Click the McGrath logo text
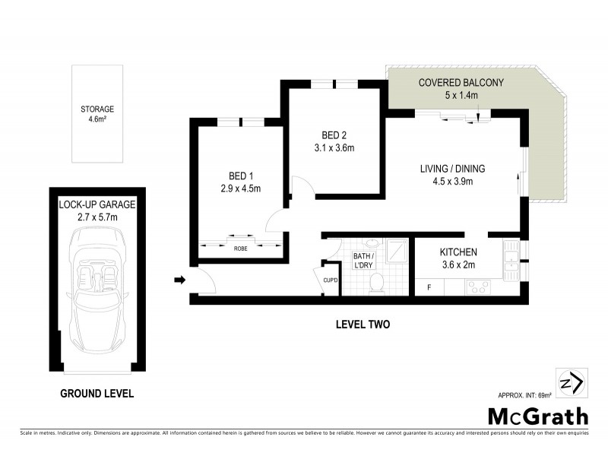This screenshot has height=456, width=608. point(537,416)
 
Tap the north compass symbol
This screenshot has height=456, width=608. point(571,382)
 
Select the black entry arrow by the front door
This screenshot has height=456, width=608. point(179,280)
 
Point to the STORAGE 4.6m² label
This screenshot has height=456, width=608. point(97,113)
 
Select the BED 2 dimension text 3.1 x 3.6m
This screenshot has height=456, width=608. point(334,148)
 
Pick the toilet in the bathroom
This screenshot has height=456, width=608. point(375,283)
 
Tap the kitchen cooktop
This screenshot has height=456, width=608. point(477,287)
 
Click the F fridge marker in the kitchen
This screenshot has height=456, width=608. point(429,287)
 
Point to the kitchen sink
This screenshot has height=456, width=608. point(511,258)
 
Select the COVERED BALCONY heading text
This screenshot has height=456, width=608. point(461,83)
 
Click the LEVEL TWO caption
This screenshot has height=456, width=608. point(363,325)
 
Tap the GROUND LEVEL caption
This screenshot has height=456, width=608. point(97,393)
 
